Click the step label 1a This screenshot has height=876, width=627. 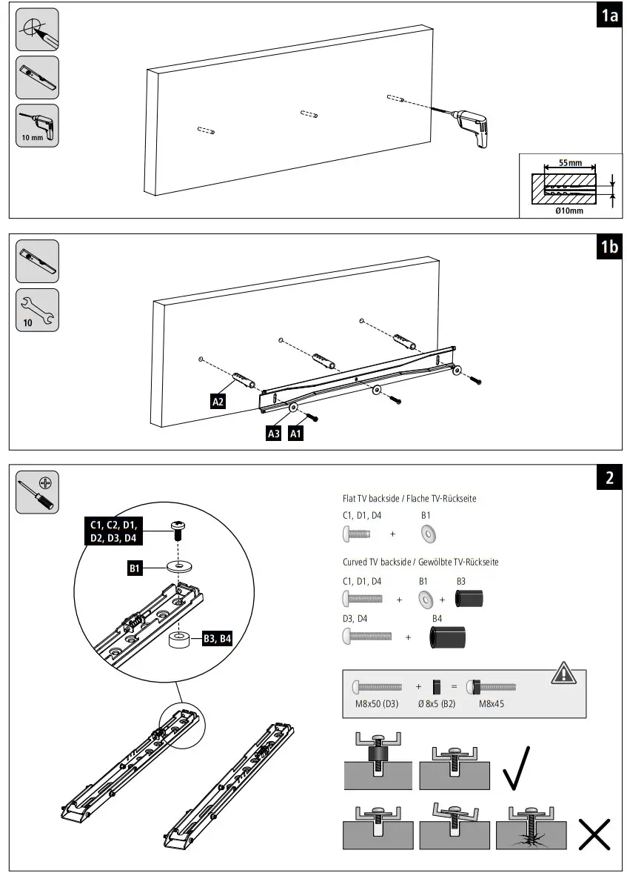pyautogui.click(x=608, y=16)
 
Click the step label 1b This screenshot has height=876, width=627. pyautogui.click(x=608, y=247)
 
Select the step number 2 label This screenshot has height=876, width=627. pyautogui.click(x=608, y=477)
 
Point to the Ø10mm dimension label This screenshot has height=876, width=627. pyautogui.click(x=569, y=210)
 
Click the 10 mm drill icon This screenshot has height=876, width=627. pyautogui.click(x=37, y=125)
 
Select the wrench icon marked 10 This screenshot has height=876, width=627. pyautogui.click(x=37, y=310)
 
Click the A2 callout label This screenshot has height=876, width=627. pyautogui.click(x=218, y=402)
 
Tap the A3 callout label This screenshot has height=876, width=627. pyautogui.click(x=273, y=434)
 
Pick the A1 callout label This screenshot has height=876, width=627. pyautogui.click(x=295, y=434)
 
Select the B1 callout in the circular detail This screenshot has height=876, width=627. pyautogui.click(x=135, y=568)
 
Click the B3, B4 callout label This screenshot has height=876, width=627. pyautogui.click(x=217, y=639)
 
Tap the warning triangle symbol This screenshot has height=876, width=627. pyautogui.click(x=563, y=673)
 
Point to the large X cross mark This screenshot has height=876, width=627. pyautogui.click(x=594, y=834)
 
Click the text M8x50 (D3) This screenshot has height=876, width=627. pyautogui.click(x=378, y=704)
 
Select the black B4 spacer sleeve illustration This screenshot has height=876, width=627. pyautogui.click(x=449, y=637)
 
